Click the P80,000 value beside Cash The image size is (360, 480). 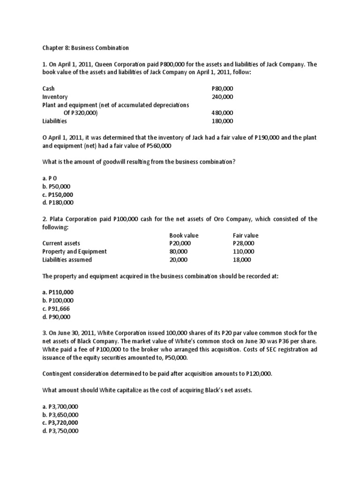pos(222,89)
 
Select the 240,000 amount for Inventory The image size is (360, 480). pos(222,97)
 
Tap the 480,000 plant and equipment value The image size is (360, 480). pos(222,113)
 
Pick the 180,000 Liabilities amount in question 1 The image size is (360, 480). pos(222,121)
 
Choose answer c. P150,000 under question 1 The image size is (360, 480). pos(58,195)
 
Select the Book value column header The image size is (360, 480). pos(184,235)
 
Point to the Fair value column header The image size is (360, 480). pos(246,235)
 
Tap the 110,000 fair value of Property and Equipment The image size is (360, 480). pos(242,251)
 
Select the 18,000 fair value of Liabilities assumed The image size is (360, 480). pos(242,260)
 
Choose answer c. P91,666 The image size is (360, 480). pos(56,309)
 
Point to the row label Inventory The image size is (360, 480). pos(55,97)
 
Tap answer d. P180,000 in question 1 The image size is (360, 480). pos(58,203)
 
